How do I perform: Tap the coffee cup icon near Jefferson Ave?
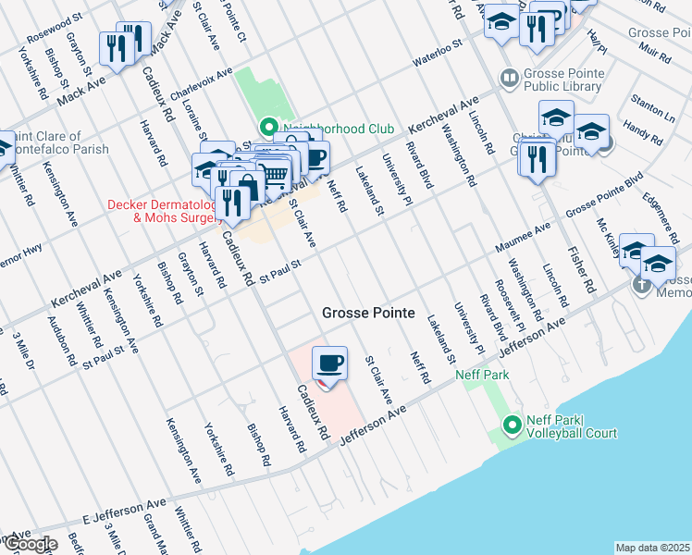tap(330, 362)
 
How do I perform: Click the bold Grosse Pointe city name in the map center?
tap(367, 314)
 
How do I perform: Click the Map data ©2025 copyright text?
tap(652, 548)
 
